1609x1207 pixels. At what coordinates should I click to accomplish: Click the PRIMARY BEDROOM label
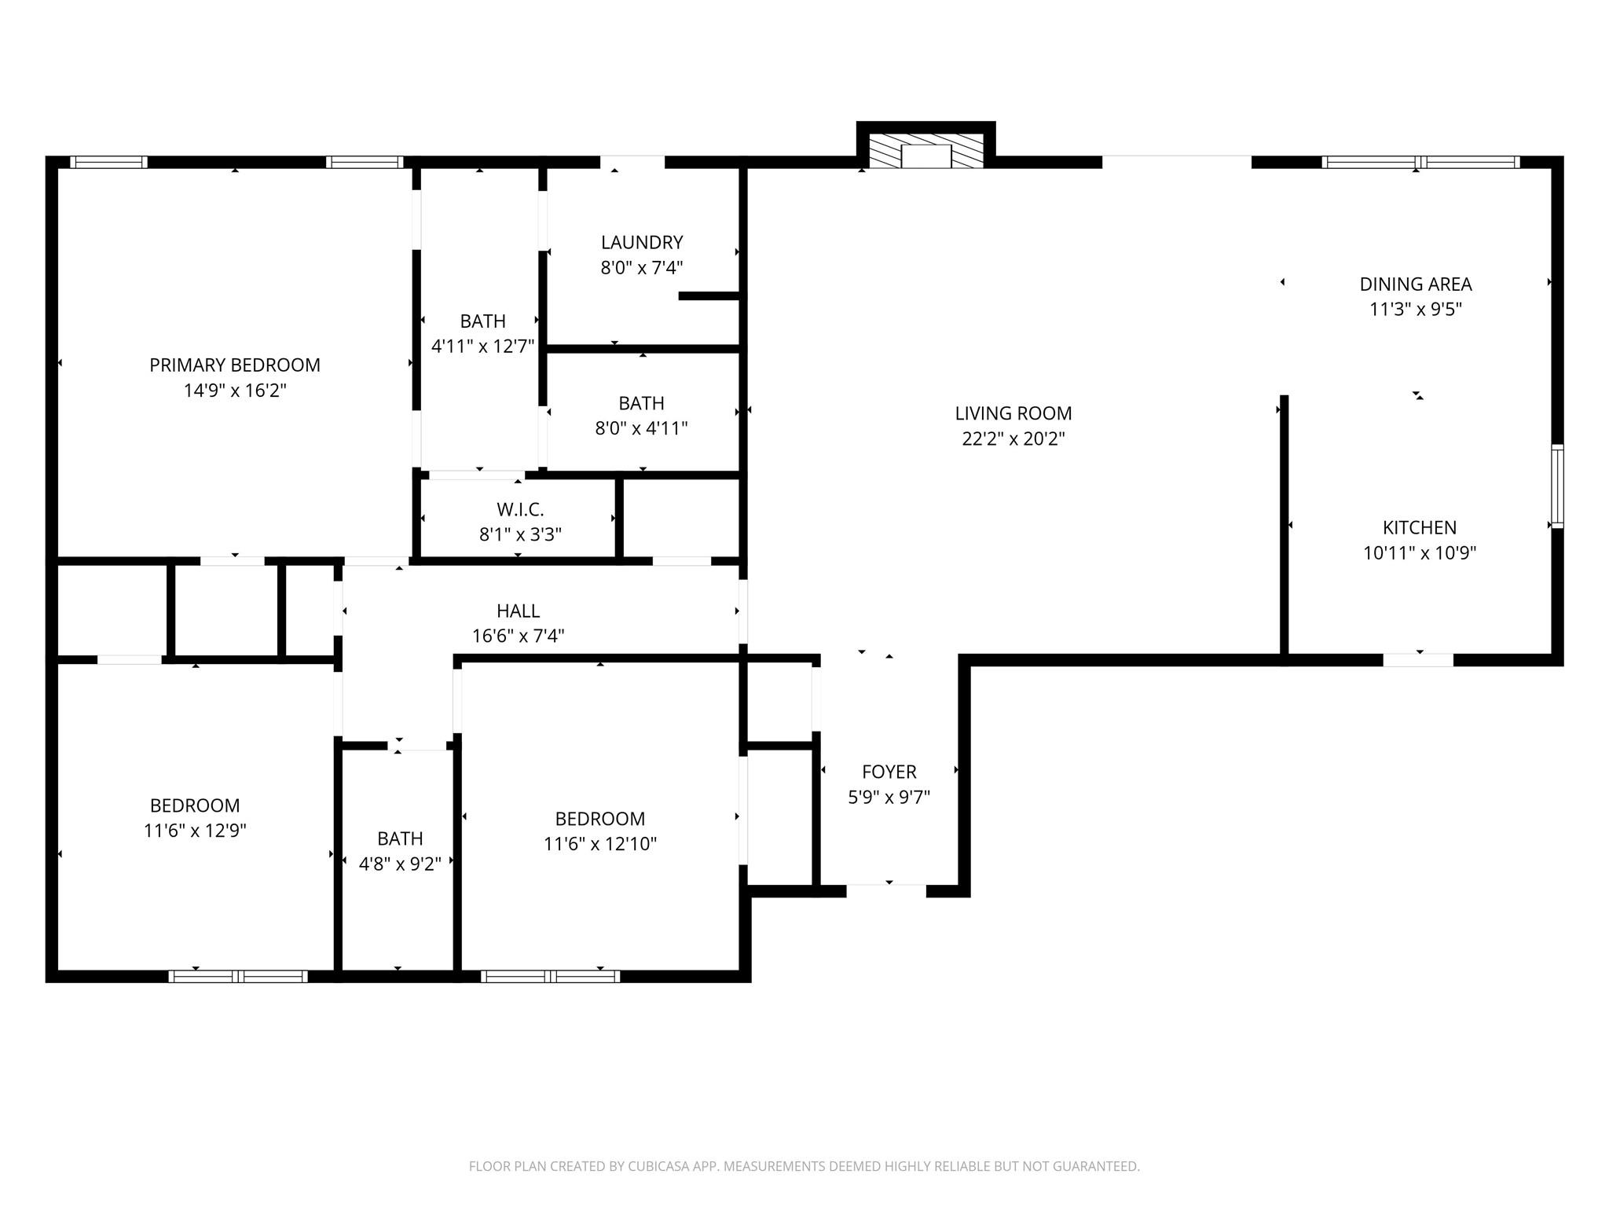(x=235, y=365)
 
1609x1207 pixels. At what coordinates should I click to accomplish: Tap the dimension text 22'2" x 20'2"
(x=1013, y=438)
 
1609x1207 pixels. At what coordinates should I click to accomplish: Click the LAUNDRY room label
(x=641, y=242)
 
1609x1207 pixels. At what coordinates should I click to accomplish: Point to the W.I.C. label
(x=520, y=509)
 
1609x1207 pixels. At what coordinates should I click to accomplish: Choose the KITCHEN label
(x=1419, y=527)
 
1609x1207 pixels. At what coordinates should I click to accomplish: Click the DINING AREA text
(x=1415, y=284)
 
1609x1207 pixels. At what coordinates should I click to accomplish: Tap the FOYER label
(x=889, y=772)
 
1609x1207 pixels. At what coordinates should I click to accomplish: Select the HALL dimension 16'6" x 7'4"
(x=518, y=636)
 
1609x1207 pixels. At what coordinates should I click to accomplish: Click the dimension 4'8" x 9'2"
(x=400, y=864)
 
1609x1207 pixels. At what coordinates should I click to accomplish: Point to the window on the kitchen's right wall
(x=1556, y=486)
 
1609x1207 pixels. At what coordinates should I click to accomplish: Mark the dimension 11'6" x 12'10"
(x=599, y=844)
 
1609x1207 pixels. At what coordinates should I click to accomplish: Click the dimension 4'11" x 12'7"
(x=482, y=346)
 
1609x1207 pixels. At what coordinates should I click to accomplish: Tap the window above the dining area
(x=1420, y=163)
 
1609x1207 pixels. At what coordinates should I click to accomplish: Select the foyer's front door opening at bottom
(x=886, y=890)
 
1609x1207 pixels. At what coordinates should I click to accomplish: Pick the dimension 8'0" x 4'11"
(x=641, y=428)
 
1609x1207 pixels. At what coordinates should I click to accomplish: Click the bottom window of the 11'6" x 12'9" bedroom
(x=237, y=976)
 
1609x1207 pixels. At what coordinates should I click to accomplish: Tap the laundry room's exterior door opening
(x=632, y=163)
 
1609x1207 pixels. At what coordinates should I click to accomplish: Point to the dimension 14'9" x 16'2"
(x=235, y=391)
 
